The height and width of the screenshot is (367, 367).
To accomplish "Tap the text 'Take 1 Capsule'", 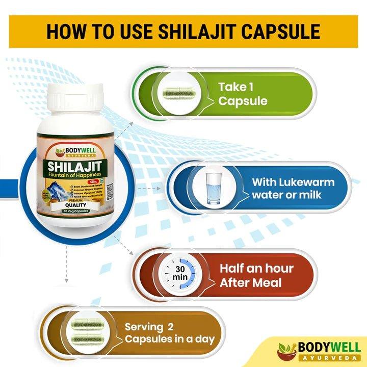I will (243, 94).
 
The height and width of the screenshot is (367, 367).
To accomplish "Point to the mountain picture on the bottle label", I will (48, 188).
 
